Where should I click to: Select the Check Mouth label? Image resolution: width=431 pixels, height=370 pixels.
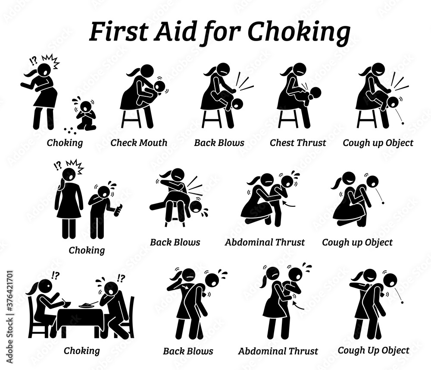pyautogui.click(x=139, y=142)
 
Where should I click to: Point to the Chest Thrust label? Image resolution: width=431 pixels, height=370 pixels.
pyautogui.click(x=298, y=142)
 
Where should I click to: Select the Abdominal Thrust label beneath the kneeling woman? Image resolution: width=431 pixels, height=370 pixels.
pyautogui.click(x=265, y=242)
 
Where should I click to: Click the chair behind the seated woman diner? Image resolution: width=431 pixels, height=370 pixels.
pyautogui.click(x=34, y=317)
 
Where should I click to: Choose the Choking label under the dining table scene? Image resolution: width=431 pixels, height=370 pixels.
pyautogui.click(x=81, y=350)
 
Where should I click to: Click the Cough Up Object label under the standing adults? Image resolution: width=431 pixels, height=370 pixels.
pyautogui.click(x=373, y=350)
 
